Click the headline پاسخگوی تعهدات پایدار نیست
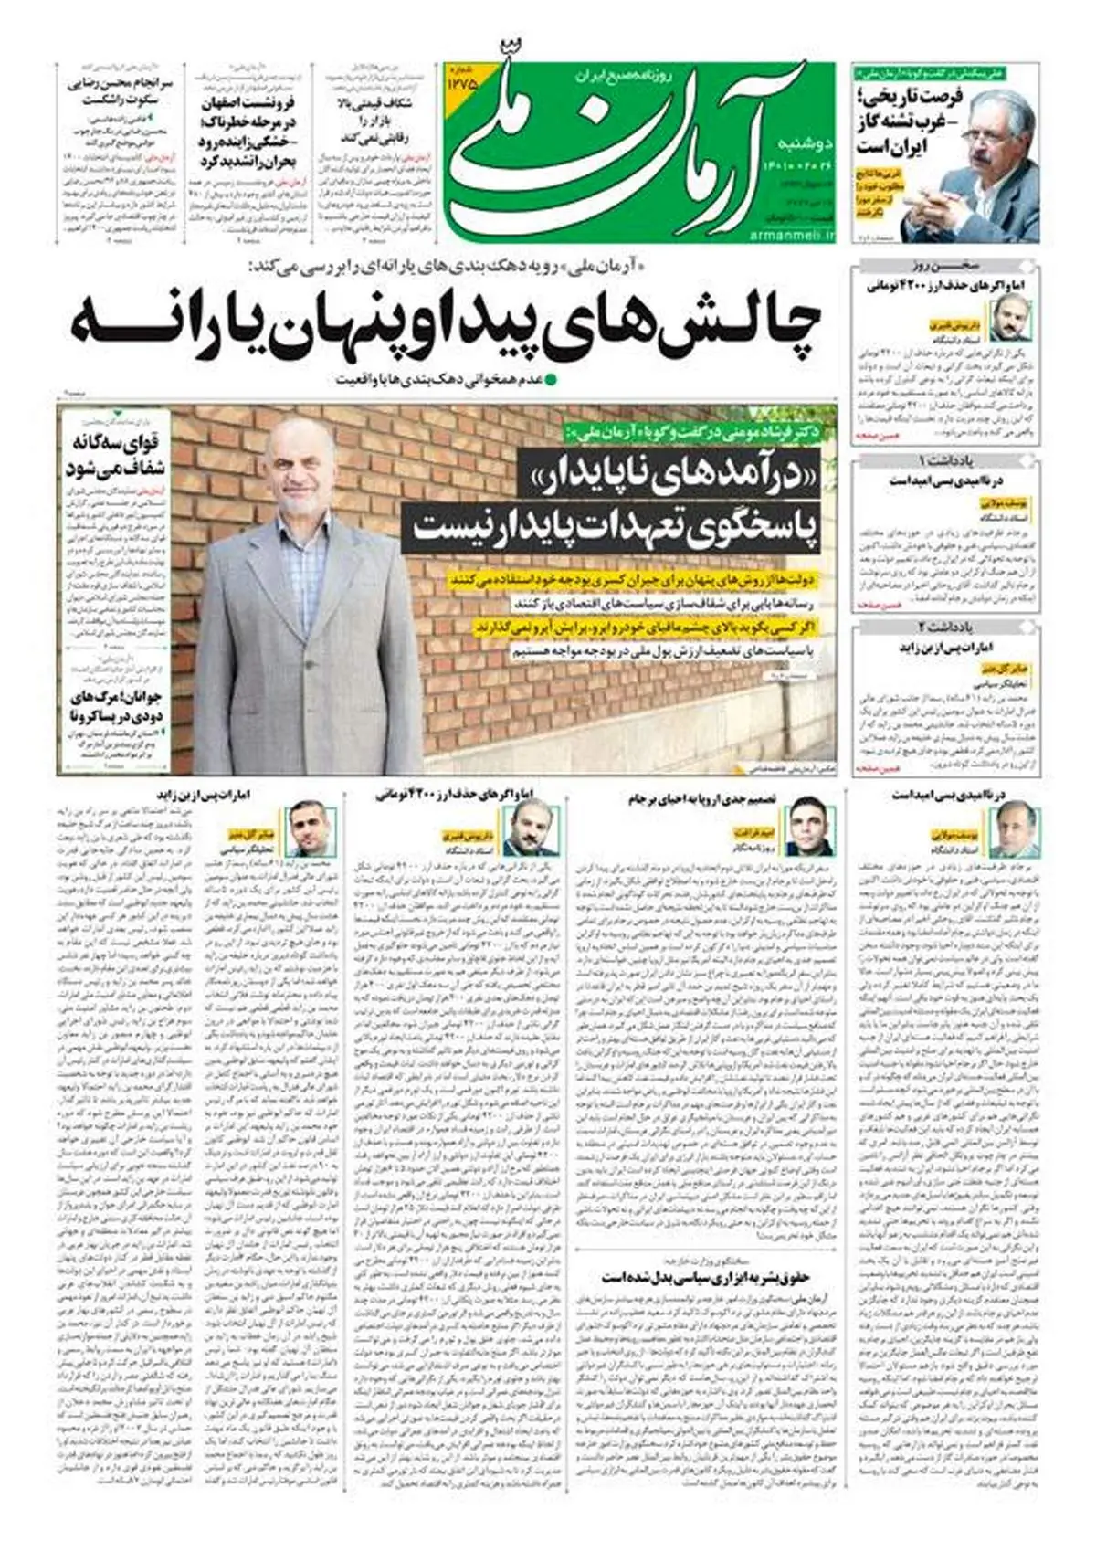(616, 527)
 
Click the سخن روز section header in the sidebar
(945, 269)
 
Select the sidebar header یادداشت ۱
(945, 459)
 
